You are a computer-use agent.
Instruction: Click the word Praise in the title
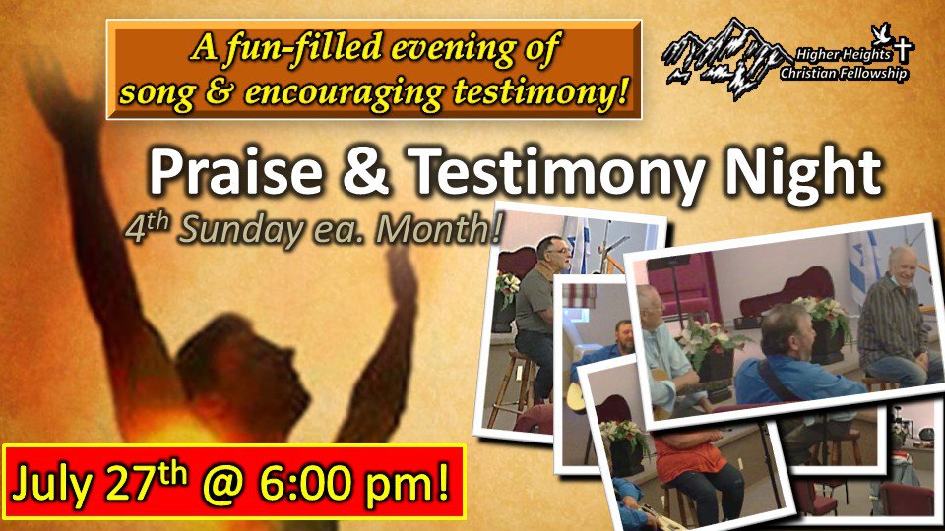[235, 171]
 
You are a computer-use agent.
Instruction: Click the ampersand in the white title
[365, 171]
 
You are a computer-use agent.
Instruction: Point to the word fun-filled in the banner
[304, 48]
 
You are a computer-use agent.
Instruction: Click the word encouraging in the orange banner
[345, 92]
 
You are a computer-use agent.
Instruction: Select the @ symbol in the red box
[222, 484]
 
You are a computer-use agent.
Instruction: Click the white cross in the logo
[904, 49]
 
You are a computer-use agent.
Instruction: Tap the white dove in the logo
[881, 32]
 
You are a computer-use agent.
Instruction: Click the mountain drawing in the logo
[724, 58]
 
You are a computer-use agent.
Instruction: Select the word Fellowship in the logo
[873, 74]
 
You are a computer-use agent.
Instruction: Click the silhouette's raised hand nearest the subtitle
[401, 271]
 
